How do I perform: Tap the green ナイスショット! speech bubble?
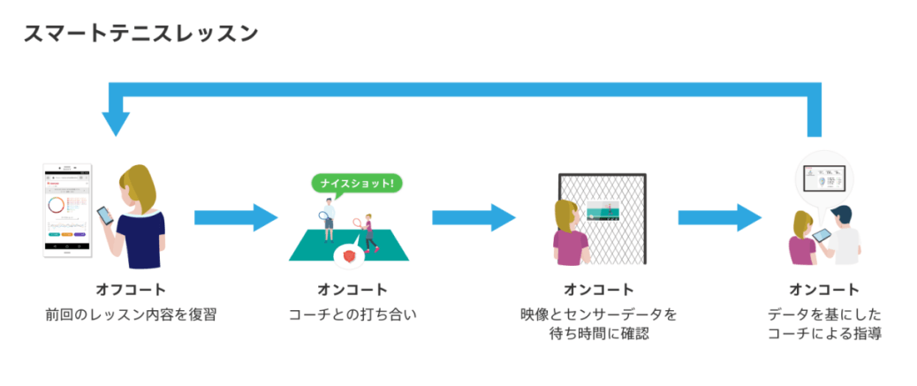[x=358, y=185]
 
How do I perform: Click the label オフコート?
[x=131, y=290]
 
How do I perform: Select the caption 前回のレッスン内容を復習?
[x=131, y=314]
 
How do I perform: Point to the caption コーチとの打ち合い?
[x=352, y=314]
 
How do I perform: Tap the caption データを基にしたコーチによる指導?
[x=824, y=323]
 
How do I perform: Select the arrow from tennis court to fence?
[x=473, y=217]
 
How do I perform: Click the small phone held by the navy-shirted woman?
[x=105, y=216]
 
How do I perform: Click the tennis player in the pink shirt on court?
[x=367, y=233]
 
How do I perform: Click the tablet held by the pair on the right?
[x=822, y=235]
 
